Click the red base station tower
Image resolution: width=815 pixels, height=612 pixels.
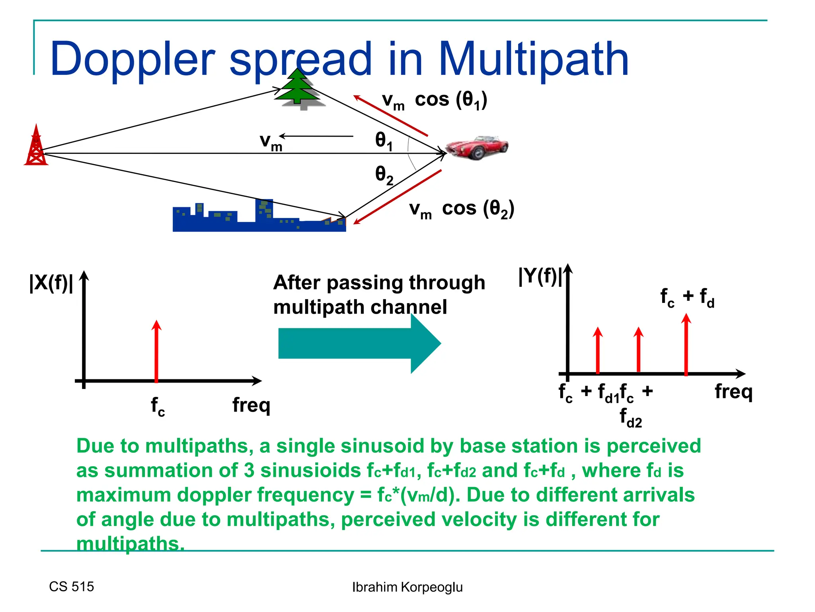[36, 146]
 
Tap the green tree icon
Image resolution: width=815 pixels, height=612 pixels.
[298, 90]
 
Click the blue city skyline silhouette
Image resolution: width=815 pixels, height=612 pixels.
[259, 219]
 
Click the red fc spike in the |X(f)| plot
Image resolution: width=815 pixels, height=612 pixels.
[156, 351]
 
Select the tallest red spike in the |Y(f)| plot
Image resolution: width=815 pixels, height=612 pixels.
[686, 345]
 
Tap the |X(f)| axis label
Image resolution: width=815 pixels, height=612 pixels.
[51, 283]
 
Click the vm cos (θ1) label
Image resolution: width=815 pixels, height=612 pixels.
[434, 100]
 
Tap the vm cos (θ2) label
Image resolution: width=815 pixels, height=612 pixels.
[462, 209]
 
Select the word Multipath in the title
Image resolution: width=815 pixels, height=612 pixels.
[533, 60]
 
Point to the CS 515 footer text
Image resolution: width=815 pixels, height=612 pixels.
[72, 586]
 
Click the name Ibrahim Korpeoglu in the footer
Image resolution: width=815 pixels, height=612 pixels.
[407, 587]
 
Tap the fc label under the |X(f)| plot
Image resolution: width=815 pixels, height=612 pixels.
[158, 406]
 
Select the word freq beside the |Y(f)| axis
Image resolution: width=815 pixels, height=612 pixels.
[733, 392]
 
